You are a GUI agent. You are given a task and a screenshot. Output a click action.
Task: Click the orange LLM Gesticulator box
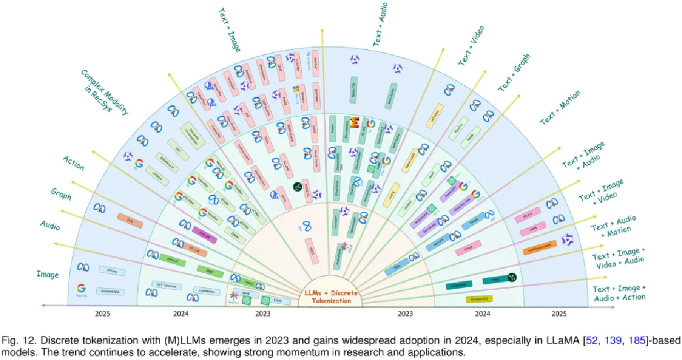coord(538,249)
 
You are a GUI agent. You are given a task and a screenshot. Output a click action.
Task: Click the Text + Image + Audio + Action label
coord(619,293)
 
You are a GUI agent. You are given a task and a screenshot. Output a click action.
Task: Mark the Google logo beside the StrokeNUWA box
coord(81,289)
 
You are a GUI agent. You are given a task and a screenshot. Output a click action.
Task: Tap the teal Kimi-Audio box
coord(394,92)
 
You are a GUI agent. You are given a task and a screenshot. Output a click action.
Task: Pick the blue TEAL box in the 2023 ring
coord(396,267)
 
